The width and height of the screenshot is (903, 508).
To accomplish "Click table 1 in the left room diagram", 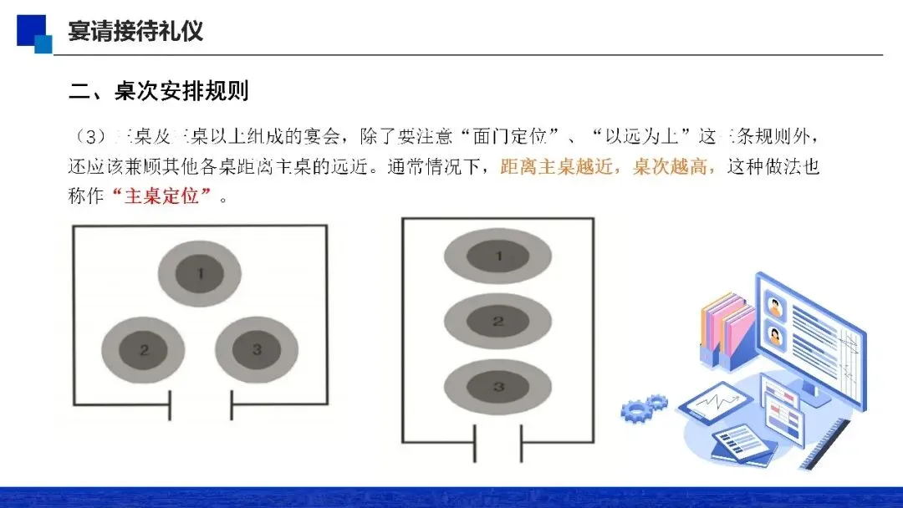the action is (x=200, y=272).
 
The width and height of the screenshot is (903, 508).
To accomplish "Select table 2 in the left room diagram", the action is (x=144, y=350).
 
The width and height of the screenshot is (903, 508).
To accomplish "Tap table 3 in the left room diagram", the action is (x=257, y=350).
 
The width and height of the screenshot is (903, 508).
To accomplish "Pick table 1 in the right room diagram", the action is (x=498, y=256).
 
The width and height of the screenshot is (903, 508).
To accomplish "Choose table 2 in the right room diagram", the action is (x=498, y=321).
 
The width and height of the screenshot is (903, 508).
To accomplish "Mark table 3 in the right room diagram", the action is (x=498, y=386).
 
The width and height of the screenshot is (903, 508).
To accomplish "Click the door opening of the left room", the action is (x=201, y=407).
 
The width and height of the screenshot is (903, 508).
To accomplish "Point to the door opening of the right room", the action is (x=498, y=443).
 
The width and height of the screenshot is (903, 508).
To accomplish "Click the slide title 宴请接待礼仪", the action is (x=135, y=32).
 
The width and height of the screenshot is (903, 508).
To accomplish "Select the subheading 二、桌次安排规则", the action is (x=159, y=90).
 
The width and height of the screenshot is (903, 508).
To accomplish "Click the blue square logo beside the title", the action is (x=33, y=31).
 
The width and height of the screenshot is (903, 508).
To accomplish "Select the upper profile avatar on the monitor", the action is (x=775, y=306).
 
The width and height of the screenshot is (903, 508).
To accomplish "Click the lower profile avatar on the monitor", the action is (x=775, y=336).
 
